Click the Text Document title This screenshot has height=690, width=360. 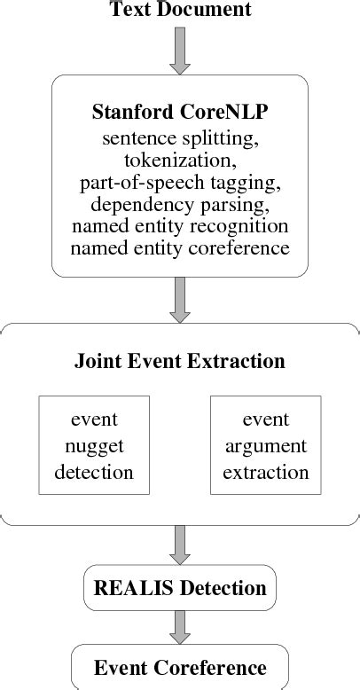(180, 11)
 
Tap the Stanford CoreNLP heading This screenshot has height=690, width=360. (180, 114)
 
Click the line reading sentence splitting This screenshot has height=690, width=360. (180, 138)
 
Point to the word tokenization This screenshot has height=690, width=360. (180, 161)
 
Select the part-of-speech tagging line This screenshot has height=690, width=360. (180, 183)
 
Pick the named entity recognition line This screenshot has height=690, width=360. (180, 226)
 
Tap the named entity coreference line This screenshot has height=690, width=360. (180, 248)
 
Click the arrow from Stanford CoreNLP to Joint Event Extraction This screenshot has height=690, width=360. (180, 299)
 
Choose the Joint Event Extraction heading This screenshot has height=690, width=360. (180, 362)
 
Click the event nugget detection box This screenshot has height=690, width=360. (94, 445)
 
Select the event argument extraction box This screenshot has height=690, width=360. (265, 445)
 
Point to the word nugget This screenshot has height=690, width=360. (94, 446)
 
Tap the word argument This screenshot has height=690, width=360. (265, 446)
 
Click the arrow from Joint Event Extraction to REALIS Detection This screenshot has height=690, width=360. (180, 545)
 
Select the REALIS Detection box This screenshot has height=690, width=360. (180, 588)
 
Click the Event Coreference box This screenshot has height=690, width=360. (180, 668)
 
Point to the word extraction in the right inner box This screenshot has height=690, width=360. (265, 472)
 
